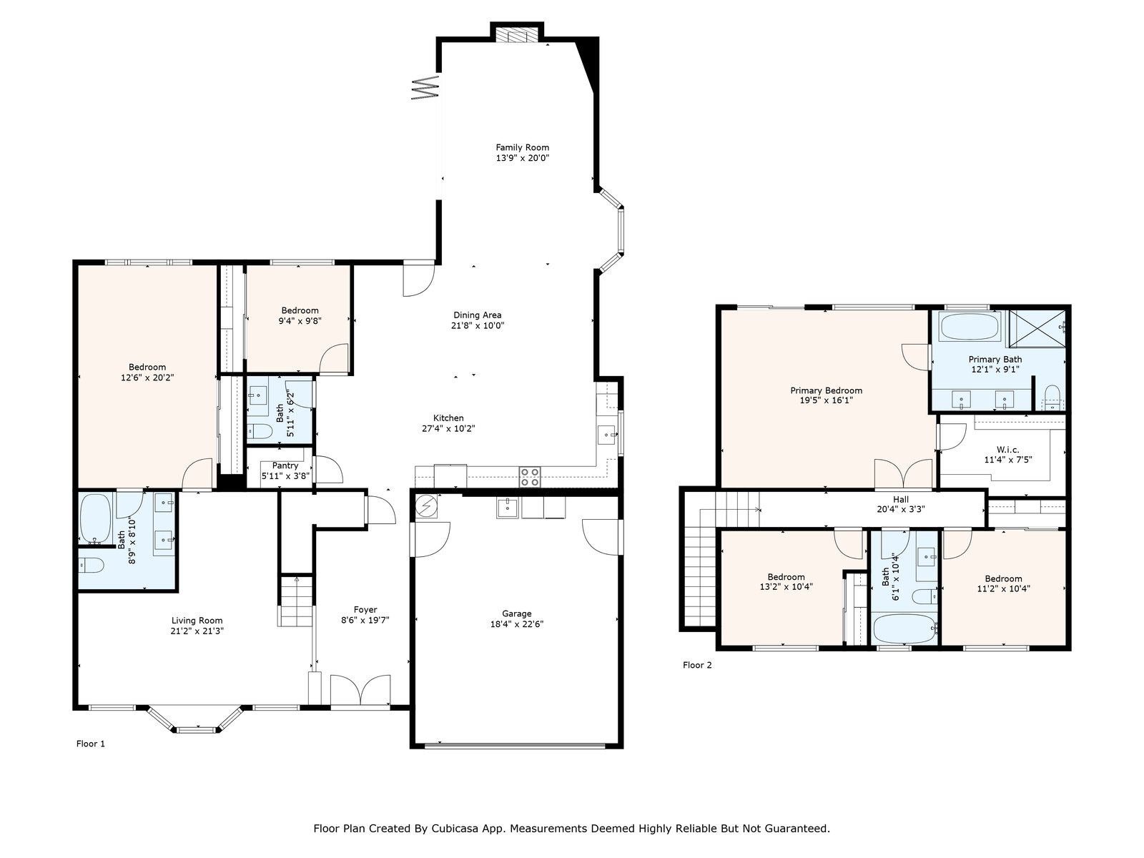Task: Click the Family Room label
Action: point(522,147)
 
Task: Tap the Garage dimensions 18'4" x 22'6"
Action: point(516,624)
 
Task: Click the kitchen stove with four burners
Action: point(530,477)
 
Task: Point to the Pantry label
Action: point(285,465)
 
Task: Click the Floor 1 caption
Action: point(91,744)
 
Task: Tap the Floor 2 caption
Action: point(697,665)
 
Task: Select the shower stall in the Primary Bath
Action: point(1037,328)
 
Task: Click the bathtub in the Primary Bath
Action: point(970,327)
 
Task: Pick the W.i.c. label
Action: point(1008,450)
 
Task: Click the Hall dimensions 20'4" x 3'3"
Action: point(901,510)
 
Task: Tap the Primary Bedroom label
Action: point(826,390)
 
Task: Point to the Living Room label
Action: point(197,621)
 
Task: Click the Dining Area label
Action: point(478,315)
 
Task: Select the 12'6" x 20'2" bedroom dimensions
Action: point(147,378)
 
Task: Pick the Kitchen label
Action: point(448,418)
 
